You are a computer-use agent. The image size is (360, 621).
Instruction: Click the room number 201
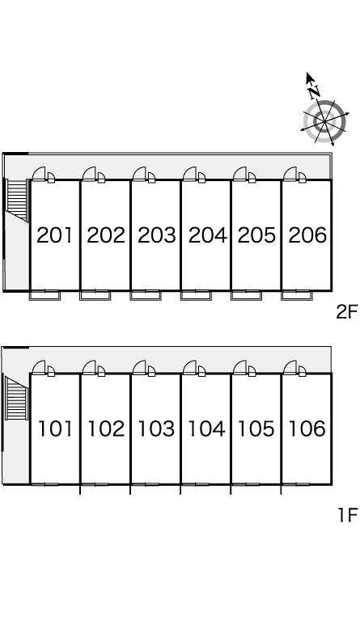pyautogui.click(x=55, y=234)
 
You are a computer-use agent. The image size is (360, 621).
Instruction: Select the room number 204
pyautogui.click(x=208, y=234)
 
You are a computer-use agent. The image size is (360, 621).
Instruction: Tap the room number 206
pyautogui.click(x=307, y=234)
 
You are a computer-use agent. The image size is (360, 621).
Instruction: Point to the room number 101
pyautogui.click(x=55, y=429)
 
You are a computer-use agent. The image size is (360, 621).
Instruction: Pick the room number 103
pyautogui.click(x=156, y=429)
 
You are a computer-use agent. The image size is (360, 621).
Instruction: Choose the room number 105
pyautogui.click(x=256, y=429)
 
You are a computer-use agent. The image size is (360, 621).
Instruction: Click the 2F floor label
pyautogui.click(x=346, y=312)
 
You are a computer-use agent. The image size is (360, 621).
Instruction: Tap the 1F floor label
pyautogui.click(x=347, y=515)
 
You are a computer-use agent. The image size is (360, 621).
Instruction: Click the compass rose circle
pyautogui.click(x=324, y=120)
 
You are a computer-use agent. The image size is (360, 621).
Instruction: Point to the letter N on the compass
pyautogui.click(x=315, y=91)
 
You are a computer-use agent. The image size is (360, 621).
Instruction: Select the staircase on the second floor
pyautogui.click(x=17, y=200)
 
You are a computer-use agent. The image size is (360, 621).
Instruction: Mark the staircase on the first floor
pyautogui.click(x=16, y=399)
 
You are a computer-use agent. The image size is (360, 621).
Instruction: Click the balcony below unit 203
pyautogui.click(x=146, y=295)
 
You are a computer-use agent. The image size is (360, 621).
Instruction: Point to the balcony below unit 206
pyautogui.click(x=297, y=295)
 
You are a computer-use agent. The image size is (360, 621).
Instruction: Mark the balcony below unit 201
pyautogui.click(x=44, y=295)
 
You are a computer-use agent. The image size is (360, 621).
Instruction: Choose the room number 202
pyautogui.click(x=106, y=234)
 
